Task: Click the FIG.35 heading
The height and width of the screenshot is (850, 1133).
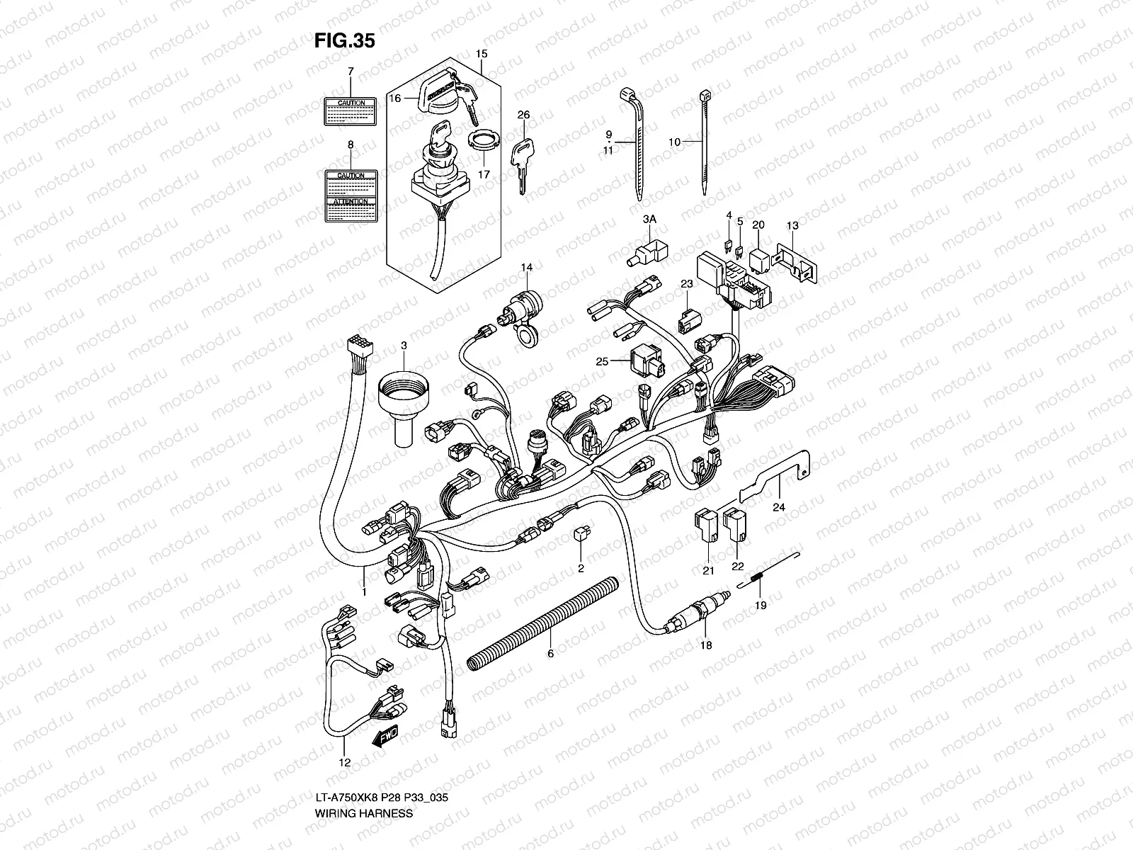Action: point(344,41)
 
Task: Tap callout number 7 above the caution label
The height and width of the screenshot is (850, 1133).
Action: point(350,72)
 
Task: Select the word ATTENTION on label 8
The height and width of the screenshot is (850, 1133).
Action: point(351,202)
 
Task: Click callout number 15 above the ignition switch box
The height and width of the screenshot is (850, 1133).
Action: point(482,54)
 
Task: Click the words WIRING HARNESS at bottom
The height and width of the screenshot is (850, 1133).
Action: point(363,833)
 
